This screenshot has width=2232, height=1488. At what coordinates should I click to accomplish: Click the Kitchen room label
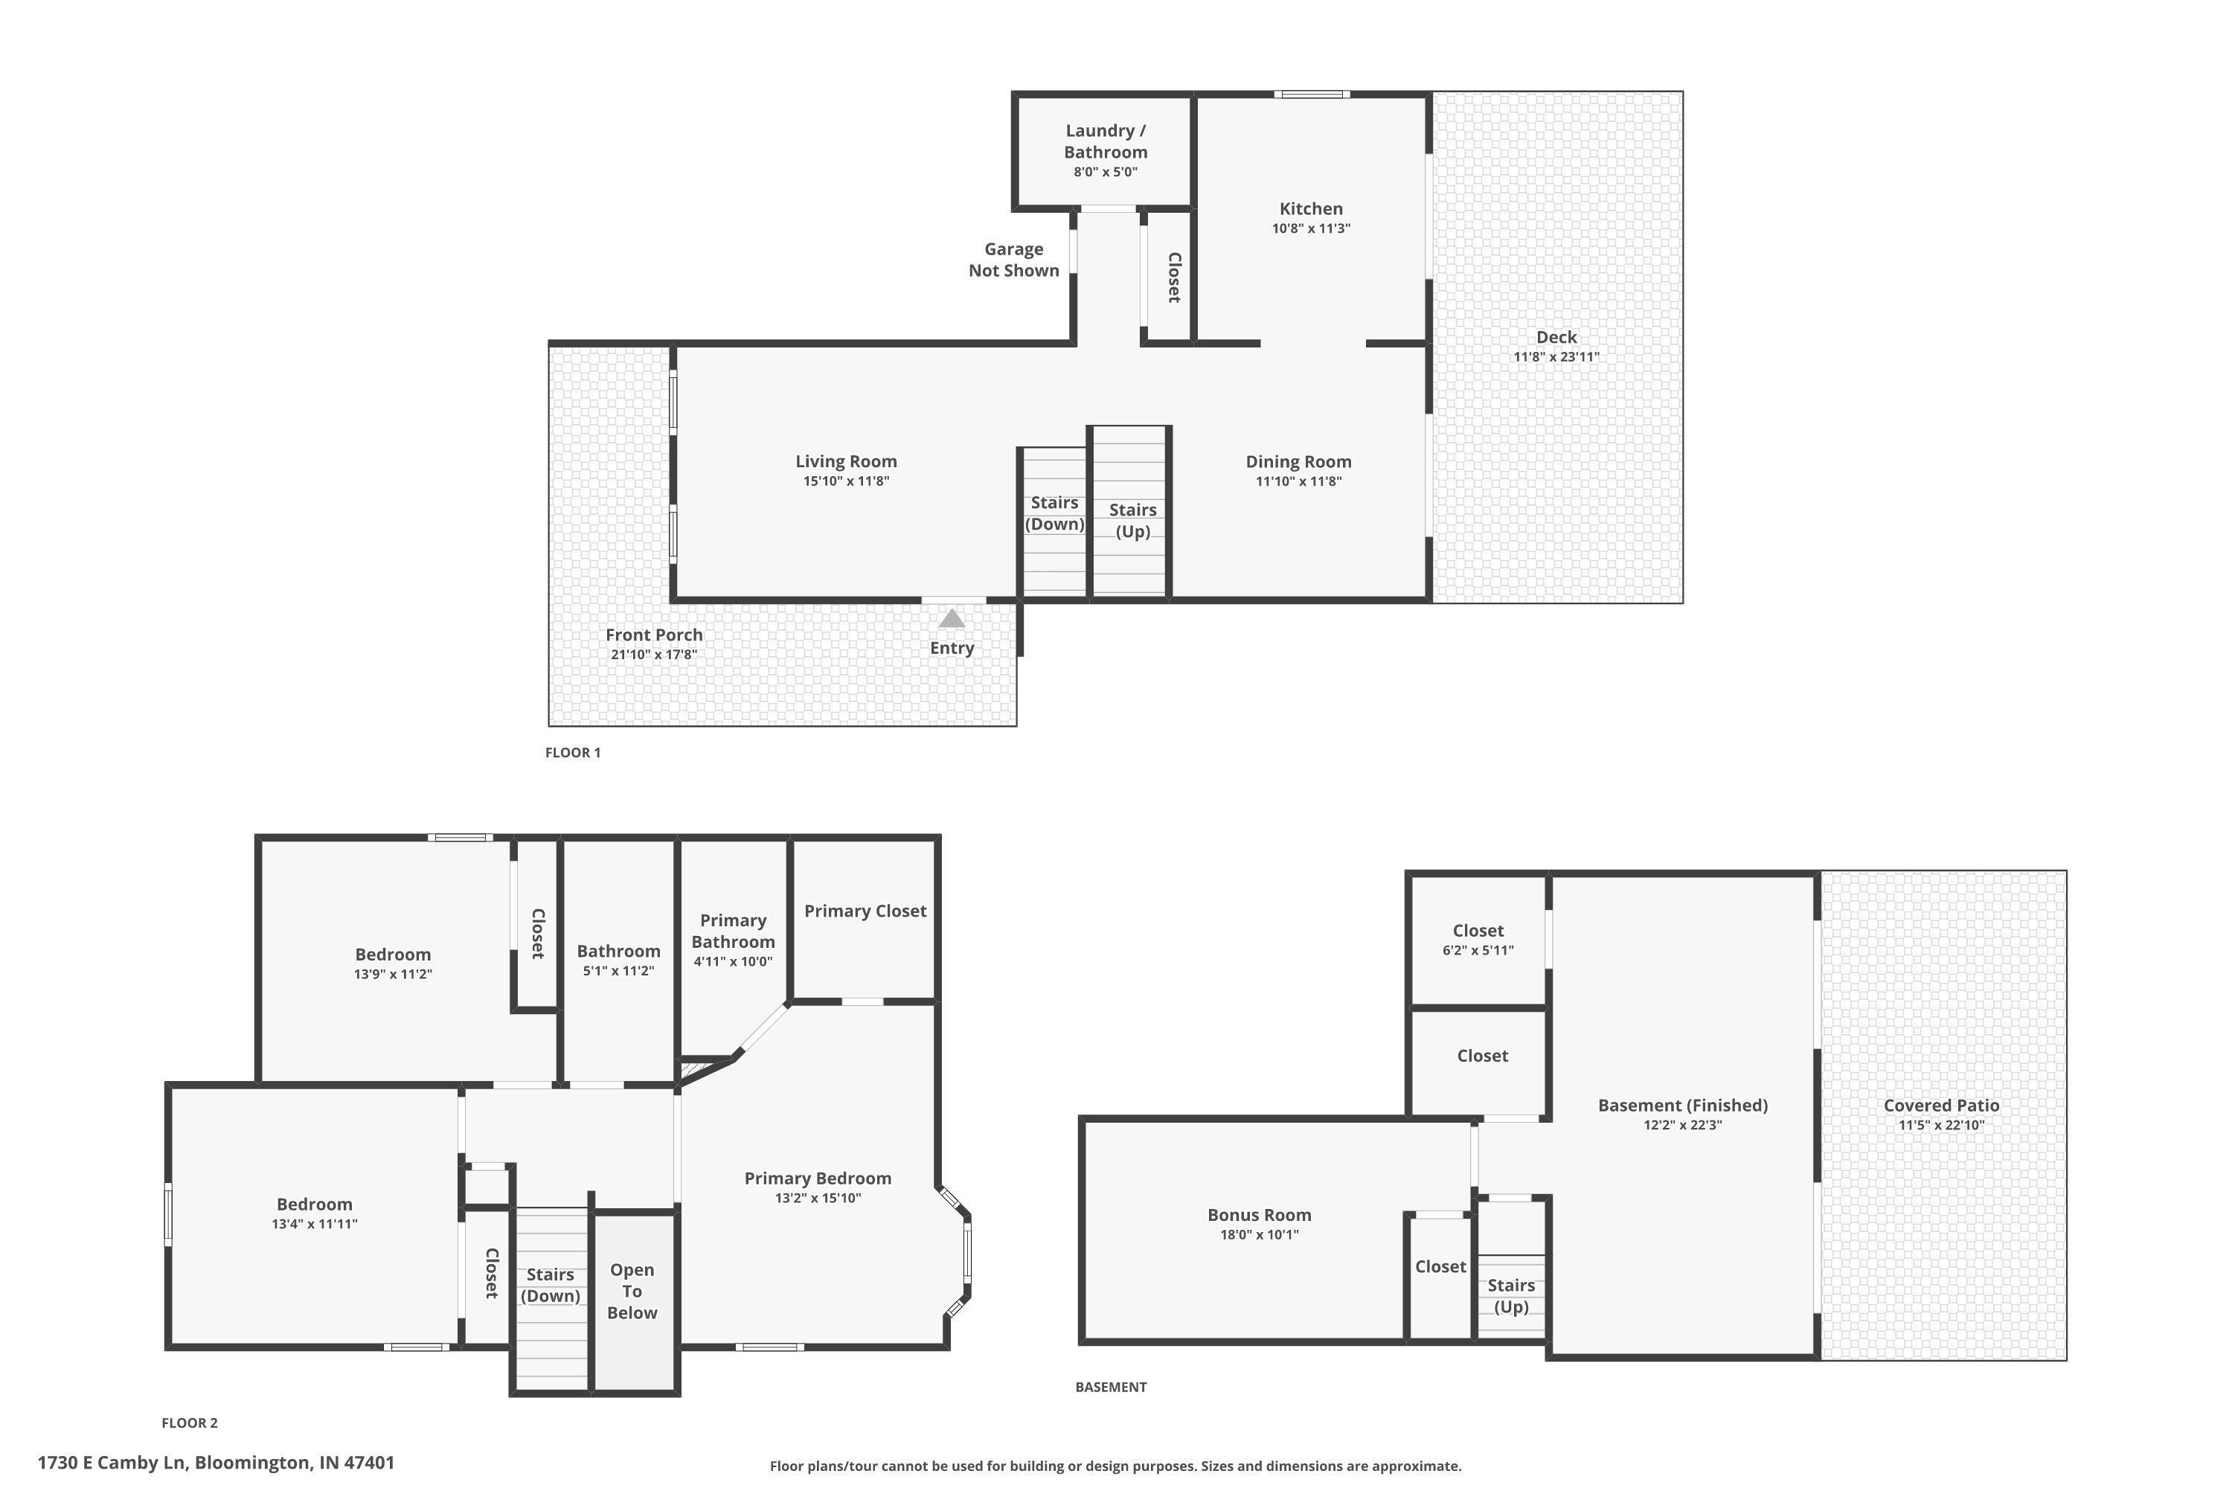pyautogui.click(x=1310, y=209)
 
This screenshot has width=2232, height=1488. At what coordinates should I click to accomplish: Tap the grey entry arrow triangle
pyautogui.click(x=952, y=619)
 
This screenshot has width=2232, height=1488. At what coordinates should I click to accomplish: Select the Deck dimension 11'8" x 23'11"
pyautogui.click(x=1556, y=357)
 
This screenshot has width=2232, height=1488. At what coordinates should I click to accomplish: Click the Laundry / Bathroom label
pyautogui.click(x=1106, y=141)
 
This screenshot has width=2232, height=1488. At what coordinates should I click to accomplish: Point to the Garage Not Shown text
pyautogui.click(x=1013, y=260)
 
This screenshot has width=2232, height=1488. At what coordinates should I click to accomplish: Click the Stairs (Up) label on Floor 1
pyautogui.click(x=1132, y=520)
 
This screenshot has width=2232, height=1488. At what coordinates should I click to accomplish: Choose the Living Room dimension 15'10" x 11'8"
pyautogui.click(x=845, y=481)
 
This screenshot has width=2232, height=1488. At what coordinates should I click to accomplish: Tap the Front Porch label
pyautogui.click(x=654, y=635)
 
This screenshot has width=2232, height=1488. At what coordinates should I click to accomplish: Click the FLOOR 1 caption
pyautogui.click(x=572, y=752)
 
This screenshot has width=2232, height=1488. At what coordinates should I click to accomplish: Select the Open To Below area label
pyautogui.click(x=632, y=1291)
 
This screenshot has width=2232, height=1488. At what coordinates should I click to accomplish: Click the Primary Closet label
pyautogui.click(x=865, y=911)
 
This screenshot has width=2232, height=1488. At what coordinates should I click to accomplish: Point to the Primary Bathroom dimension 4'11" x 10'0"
pyautogui.click(x=733, y=961)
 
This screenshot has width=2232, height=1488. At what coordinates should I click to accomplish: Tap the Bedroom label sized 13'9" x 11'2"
pyautogui.click(x=393, y=955)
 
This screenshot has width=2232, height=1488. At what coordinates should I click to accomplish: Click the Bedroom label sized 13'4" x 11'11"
pyautogui.click(x=314, y=1205)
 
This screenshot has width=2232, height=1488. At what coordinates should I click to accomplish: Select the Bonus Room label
pyautogui.click(x=1260, y=1215)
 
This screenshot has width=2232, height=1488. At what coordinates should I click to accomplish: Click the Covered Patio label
pyautogui.click(x=1940, y=1106)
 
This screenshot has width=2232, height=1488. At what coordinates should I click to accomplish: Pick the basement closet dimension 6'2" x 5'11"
pyautogui.click(x=1478, y=950)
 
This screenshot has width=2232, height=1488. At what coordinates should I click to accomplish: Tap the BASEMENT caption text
pyautogui.click(x=1110, y=1387)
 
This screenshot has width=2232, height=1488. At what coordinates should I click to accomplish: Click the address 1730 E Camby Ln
pyautogui.click(x=216, y=1463)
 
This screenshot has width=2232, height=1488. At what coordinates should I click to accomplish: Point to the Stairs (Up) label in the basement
pyautogui.click(x=1511, y=1295)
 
